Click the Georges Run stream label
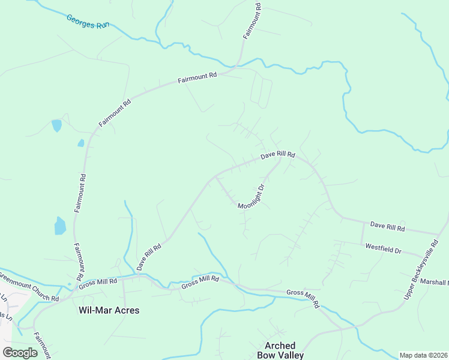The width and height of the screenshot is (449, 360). [88, 22]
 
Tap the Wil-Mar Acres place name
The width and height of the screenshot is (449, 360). [109, 310]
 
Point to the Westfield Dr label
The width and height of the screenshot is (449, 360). [383, 248]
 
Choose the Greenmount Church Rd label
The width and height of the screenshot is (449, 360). [29, 287]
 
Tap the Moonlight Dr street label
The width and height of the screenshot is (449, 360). [252, 197]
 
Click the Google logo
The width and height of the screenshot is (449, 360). [20, 352]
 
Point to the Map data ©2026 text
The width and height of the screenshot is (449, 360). [423, 355]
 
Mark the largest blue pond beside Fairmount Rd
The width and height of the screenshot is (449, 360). [60, 226]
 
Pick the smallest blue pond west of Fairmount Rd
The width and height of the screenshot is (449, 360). [80, 143]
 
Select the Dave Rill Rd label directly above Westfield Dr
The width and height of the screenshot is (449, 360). [387, 227]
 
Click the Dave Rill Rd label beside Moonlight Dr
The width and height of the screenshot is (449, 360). [277, 155]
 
